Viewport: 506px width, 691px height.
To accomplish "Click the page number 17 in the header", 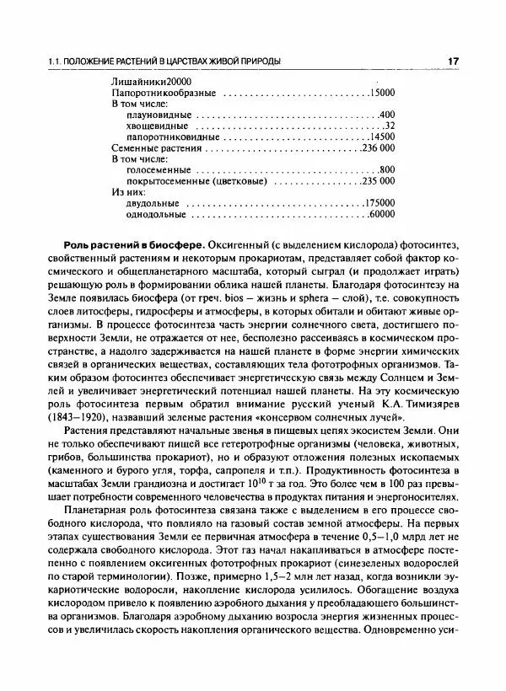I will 453,62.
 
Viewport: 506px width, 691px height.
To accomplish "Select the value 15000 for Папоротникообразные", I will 382,91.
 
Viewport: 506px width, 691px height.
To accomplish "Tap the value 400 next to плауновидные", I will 387,115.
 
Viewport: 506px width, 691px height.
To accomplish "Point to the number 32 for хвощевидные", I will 390,126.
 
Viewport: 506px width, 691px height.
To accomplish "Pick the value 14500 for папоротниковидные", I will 382,137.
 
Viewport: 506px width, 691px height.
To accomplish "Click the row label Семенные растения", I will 156,148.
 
